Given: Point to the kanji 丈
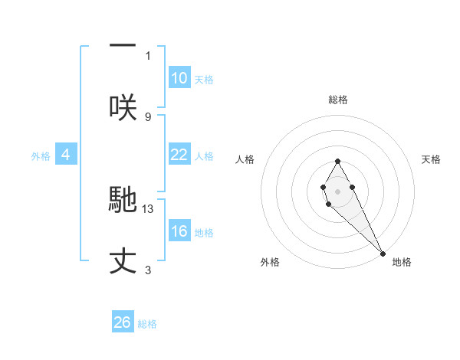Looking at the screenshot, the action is click(123, 260).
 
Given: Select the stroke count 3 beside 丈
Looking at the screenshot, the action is click(148, 270).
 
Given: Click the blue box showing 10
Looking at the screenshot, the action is click(179, 78).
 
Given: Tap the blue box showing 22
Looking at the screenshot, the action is click(179, 155).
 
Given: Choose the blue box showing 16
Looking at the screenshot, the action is click(179, 231).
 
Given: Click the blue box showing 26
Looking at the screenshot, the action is click(123, 322).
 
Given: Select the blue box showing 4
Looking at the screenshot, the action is click(66, 155).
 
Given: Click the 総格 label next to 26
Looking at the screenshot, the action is click(147, 324).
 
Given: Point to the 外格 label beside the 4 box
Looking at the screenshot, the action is click(41, 156).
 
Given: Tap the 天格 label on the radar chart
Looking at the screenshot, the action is click(432, 159).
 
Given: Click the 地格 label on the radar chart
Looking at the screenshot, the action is click(402, 262).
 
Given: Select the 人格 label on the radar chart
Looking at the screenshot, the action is click(245, 159).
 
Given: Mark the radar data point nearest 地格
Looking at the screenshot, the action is click(383, 254).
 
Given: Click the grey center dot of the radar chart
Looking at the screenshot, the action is click(337, 190).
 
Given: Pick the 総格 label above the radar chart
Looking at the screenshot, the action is click(338, 100).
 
